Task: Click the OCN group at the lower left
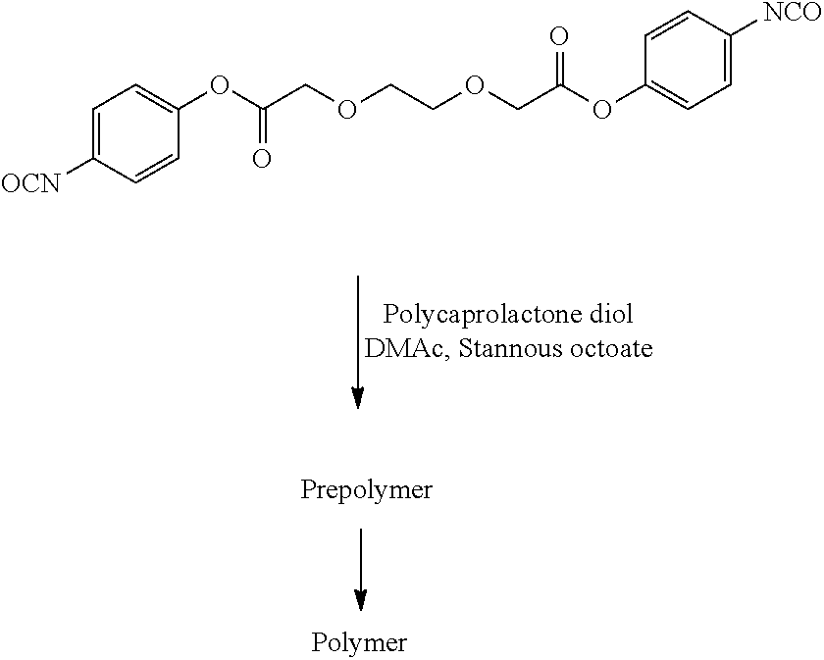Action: click(x=30, y=184)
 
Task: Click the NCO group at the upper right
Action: click(x=792, y=12)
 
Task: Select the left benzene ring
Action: click(x=135, y=134)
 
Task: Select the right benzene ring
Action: click(x=688, y=61)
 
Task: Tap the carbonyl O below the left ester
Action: click(x=262, y=159)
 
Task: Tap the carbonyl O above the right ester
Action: click(x=559, y=37)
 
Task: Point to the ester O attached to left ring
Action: click(x=219, y=84)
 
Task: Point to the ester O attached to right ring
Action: click(x=602, y=110)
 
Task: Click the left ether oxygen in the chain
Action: click(x=346, y=109)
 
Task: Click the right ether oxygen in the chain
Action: click(x=475, y=84)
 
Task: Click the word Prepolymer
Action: click(x=366, y=490)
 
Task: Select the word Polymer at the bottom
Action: click(x=359, y=643)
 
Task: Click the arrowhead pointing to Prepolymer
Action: click(x=358, y=398)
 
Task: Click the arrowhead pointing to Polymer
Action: click(x=361, y=600)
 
